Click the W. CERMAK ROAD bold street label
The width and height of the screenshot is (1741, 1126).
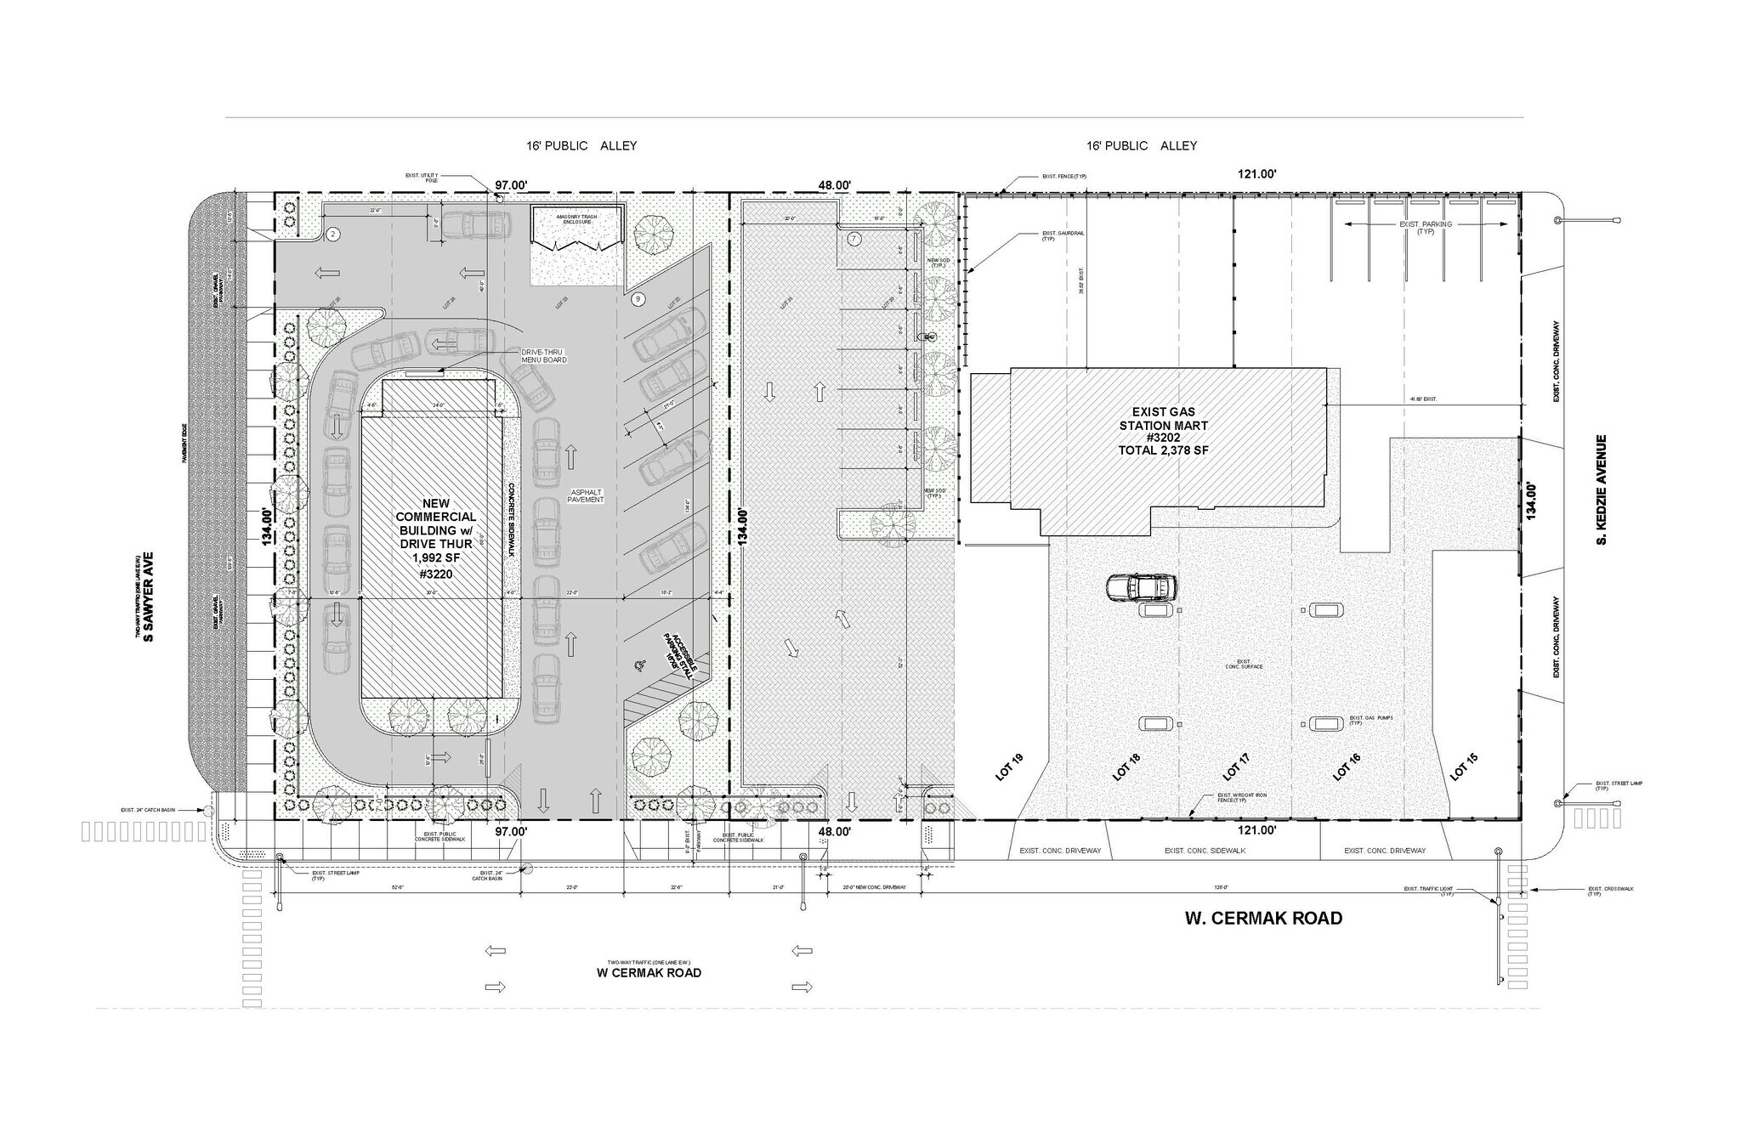click(x=1263, y=919)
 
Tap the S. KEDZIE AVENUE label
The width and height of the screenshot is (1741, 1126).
click(x=1602, y=489)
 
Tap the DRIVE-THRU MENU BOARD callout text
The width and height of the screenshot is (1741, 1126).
click(x=544, y=356)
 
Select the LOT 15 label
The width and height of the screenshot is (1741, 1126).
click(x=1460, y=767)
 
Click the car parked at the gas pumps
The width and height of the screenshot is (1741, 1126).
click(x=1142, y=587)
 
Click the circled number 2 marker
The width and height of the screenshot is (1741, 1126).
click(x=333, y=234)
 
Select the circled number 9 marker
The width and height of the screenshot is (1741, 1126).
click(x=638, y=299)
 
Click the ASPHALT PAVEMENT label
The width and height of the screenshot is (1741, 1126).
click(x=586, y=496)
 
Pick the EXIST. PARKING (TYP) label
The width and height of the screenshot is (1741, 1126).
click(x=1426, y=228)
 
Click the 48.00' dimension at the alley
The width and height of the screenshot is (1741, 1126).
click(x=834, y=185)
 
